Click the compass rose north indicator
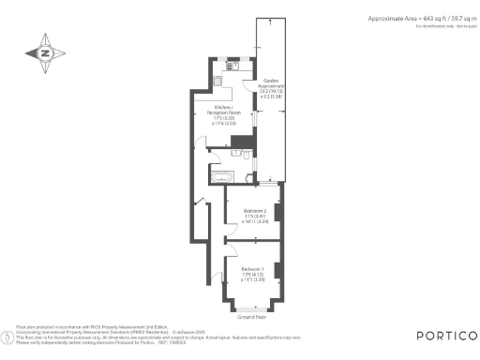tap(44, 53)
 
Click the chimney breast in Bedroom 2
tap(277, 217)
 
